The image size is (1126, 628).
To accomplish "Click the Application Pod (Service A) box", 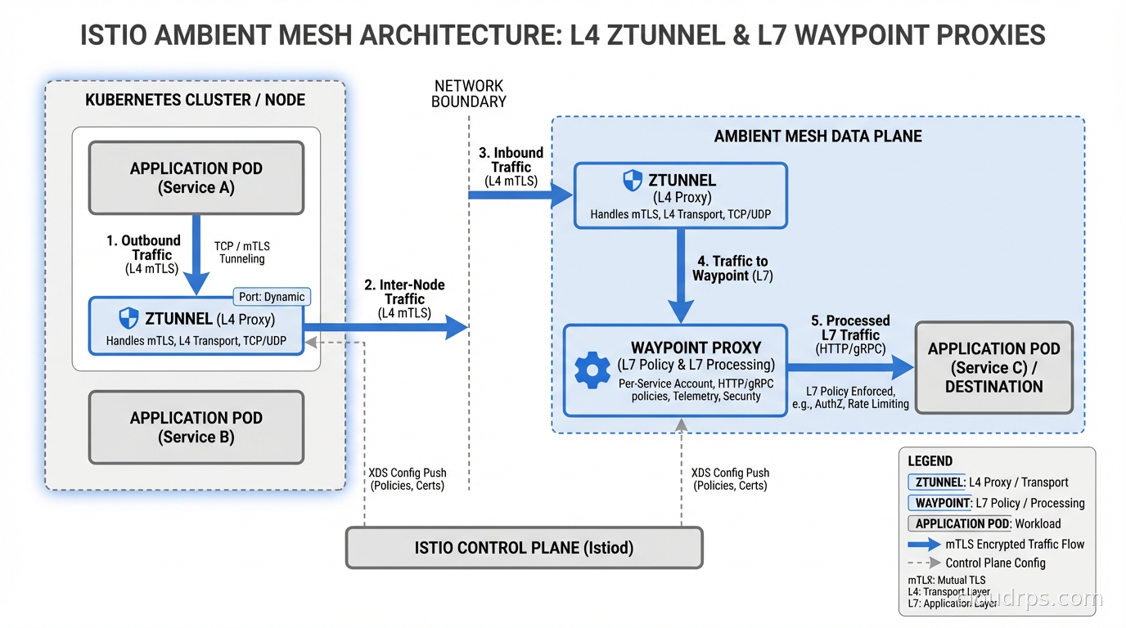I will pyautogui.click(x=196, y=177).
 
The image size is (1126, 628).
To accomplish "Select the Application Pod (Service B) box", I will pyautogui.click(x=196, y=427).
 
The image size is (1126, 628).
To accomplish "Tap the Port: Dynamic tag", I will pyautogui.click(x=272, y=297).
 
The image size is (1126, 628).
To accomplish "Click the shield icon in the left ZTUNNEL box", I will pyautogui.click(x=128, y=319).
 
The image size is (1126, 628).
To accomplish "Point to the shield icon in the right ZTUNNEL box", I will pyautogui.click(x=633, y=181).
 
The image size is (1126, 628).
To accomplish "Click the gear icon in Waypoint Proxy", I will pyautogui.click(x=592, y=370).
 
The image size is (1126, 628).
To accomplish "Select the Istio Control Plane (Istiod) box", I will pyautogui.click(x=524, y=547).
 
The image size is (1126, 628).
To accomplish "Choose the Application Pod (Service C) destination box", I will pyautogui.click(x=993, y=367).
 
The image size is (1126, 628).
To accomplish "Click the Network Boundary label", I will pyautogui.click(x=469, y=93).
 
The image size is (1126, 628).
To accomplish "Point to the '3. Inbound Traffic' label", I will pyautogui.click(x=511, y=166).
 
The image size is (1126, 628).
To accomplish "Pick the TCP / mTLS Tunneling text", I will pyautogui.click(x=241, y=252).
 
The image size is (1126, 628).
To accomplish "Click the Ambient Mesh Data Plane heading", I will pyautogui.click(x=817, y=136).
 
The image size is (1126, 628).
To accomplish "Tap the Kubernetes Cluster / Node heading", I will pyautogui.click(x=195, y=100).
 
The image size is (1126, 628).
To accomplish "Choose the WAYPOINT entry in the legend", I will pyautogui.click(x=942, y=503).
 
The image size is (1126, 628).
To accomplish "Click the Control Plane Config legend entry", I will pyautogui.click(x=995, y=563).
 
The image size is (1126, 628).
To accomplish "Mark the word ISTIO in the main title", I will pyautogui.click(x=119, y=35).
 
